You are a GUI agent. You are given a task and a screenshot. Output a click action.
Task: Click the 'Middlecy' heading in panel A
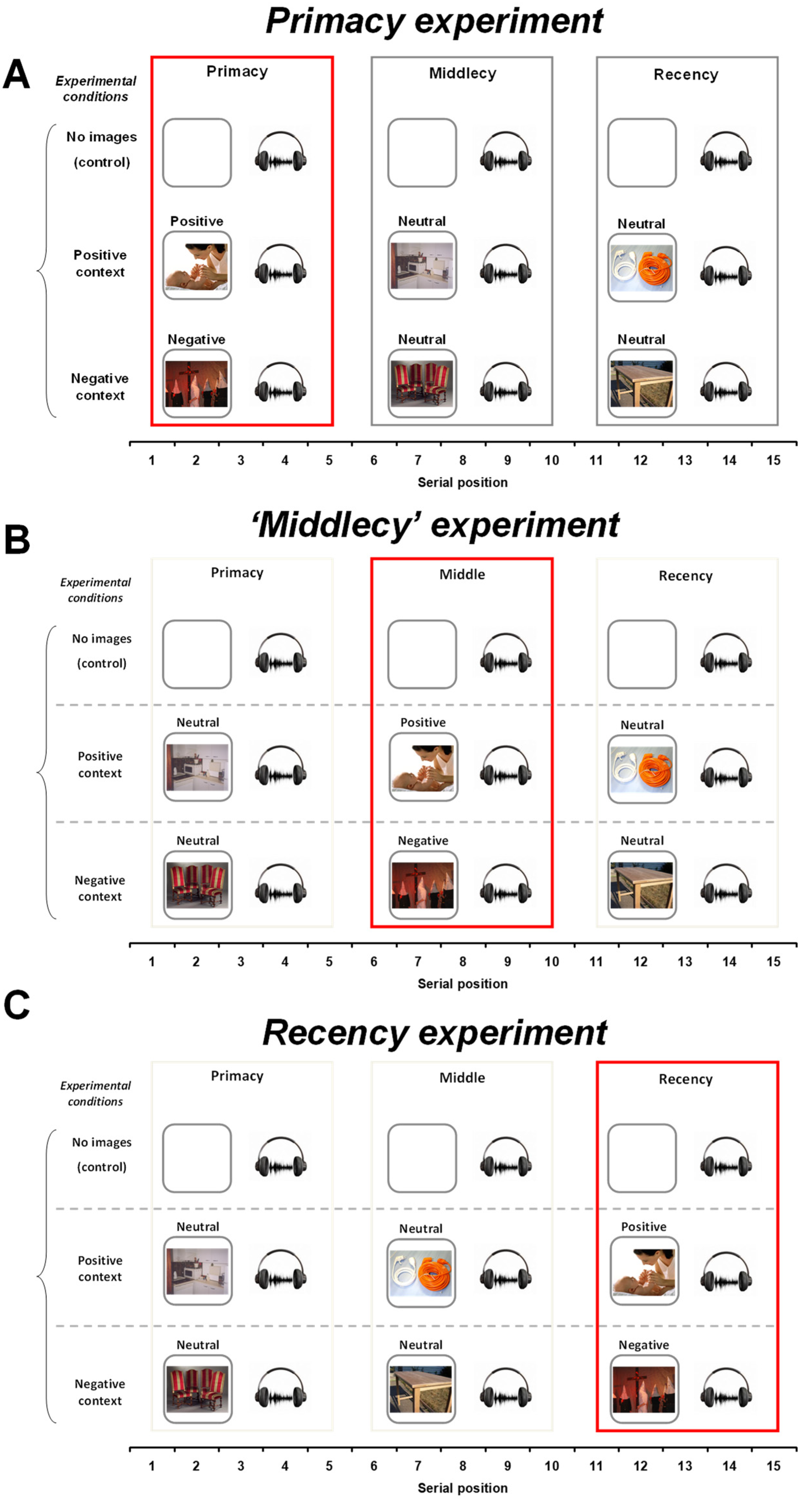point(462,73)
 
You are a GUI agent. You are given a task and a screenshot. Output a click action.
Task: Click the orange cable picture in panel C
point(421,1273)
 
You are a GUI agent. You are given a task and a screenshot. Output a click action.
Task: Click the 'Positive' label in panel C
point(643,1227)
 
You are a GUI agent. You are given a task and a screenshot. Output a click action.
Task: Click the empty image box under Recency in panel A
point(641,153)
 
